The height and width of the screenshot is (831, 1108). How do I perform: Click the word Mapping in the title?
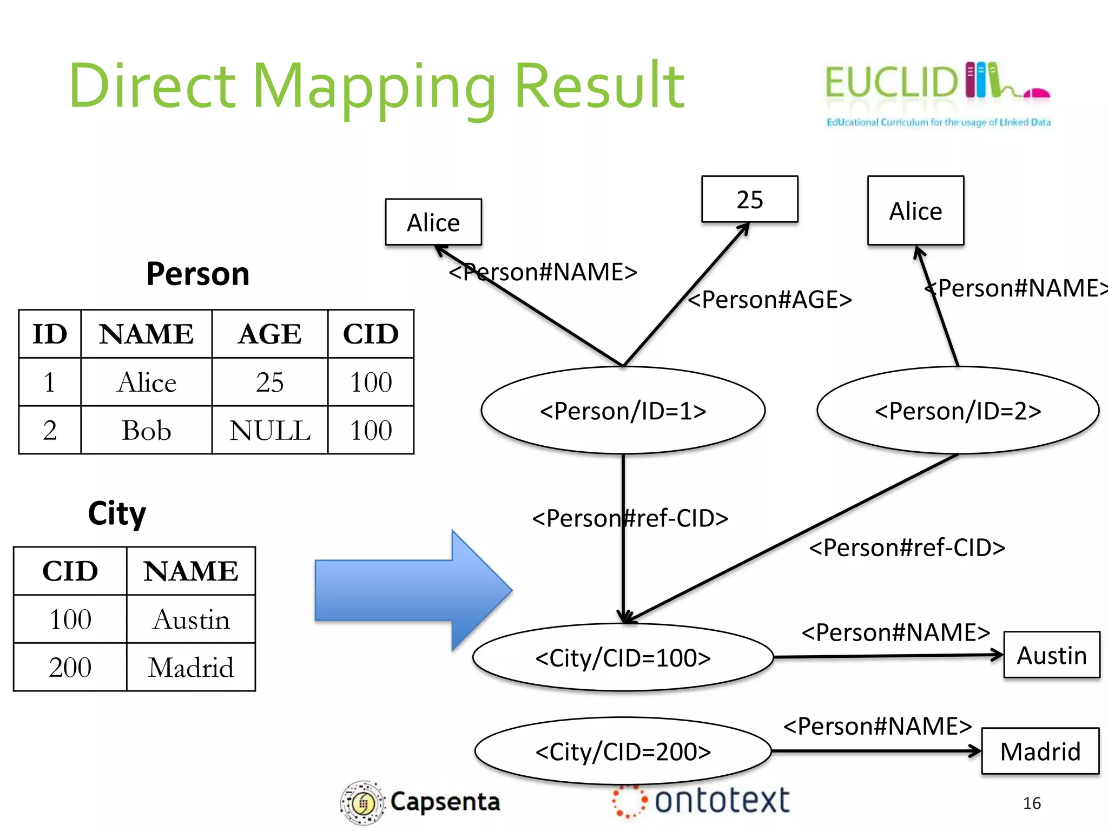373,87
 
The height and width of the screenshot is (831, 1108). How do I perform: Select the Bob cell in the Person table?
146,431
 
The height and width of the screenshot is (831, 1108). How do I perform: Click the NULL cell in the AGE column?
269,431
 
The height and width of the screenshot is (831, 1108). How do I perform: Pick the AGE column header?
269,334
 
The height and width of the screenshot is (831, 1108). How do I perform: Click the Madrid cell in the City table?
190,667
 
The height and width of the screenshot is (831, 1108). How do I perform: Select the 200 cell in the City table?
70,667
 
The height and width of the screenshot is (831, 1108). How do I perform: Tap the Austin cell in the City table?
190,619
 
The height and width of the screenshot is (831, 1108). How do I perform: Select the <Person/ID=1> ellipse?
623,411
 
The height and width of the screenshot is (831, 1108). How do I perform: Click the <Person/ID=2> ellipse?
958,411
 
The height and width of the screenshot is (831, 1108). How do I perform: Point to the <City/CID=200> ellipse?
623,751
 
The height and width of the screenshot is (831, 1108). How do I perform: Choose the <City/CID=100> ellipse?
623,658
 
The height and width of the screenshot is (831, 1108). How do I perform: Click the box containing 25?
749,199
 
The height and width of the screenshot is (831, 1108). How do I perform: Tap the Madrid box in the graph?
1040,751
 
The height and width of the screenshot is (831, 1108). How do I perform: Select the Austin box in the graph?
1051,655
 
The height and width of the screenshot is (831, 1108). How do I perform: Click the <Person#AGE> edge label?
769,299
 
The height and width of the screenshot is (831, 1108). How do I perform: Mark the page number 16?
1031,803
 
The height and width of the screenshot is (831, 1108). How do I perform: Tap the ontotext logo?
701,801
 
